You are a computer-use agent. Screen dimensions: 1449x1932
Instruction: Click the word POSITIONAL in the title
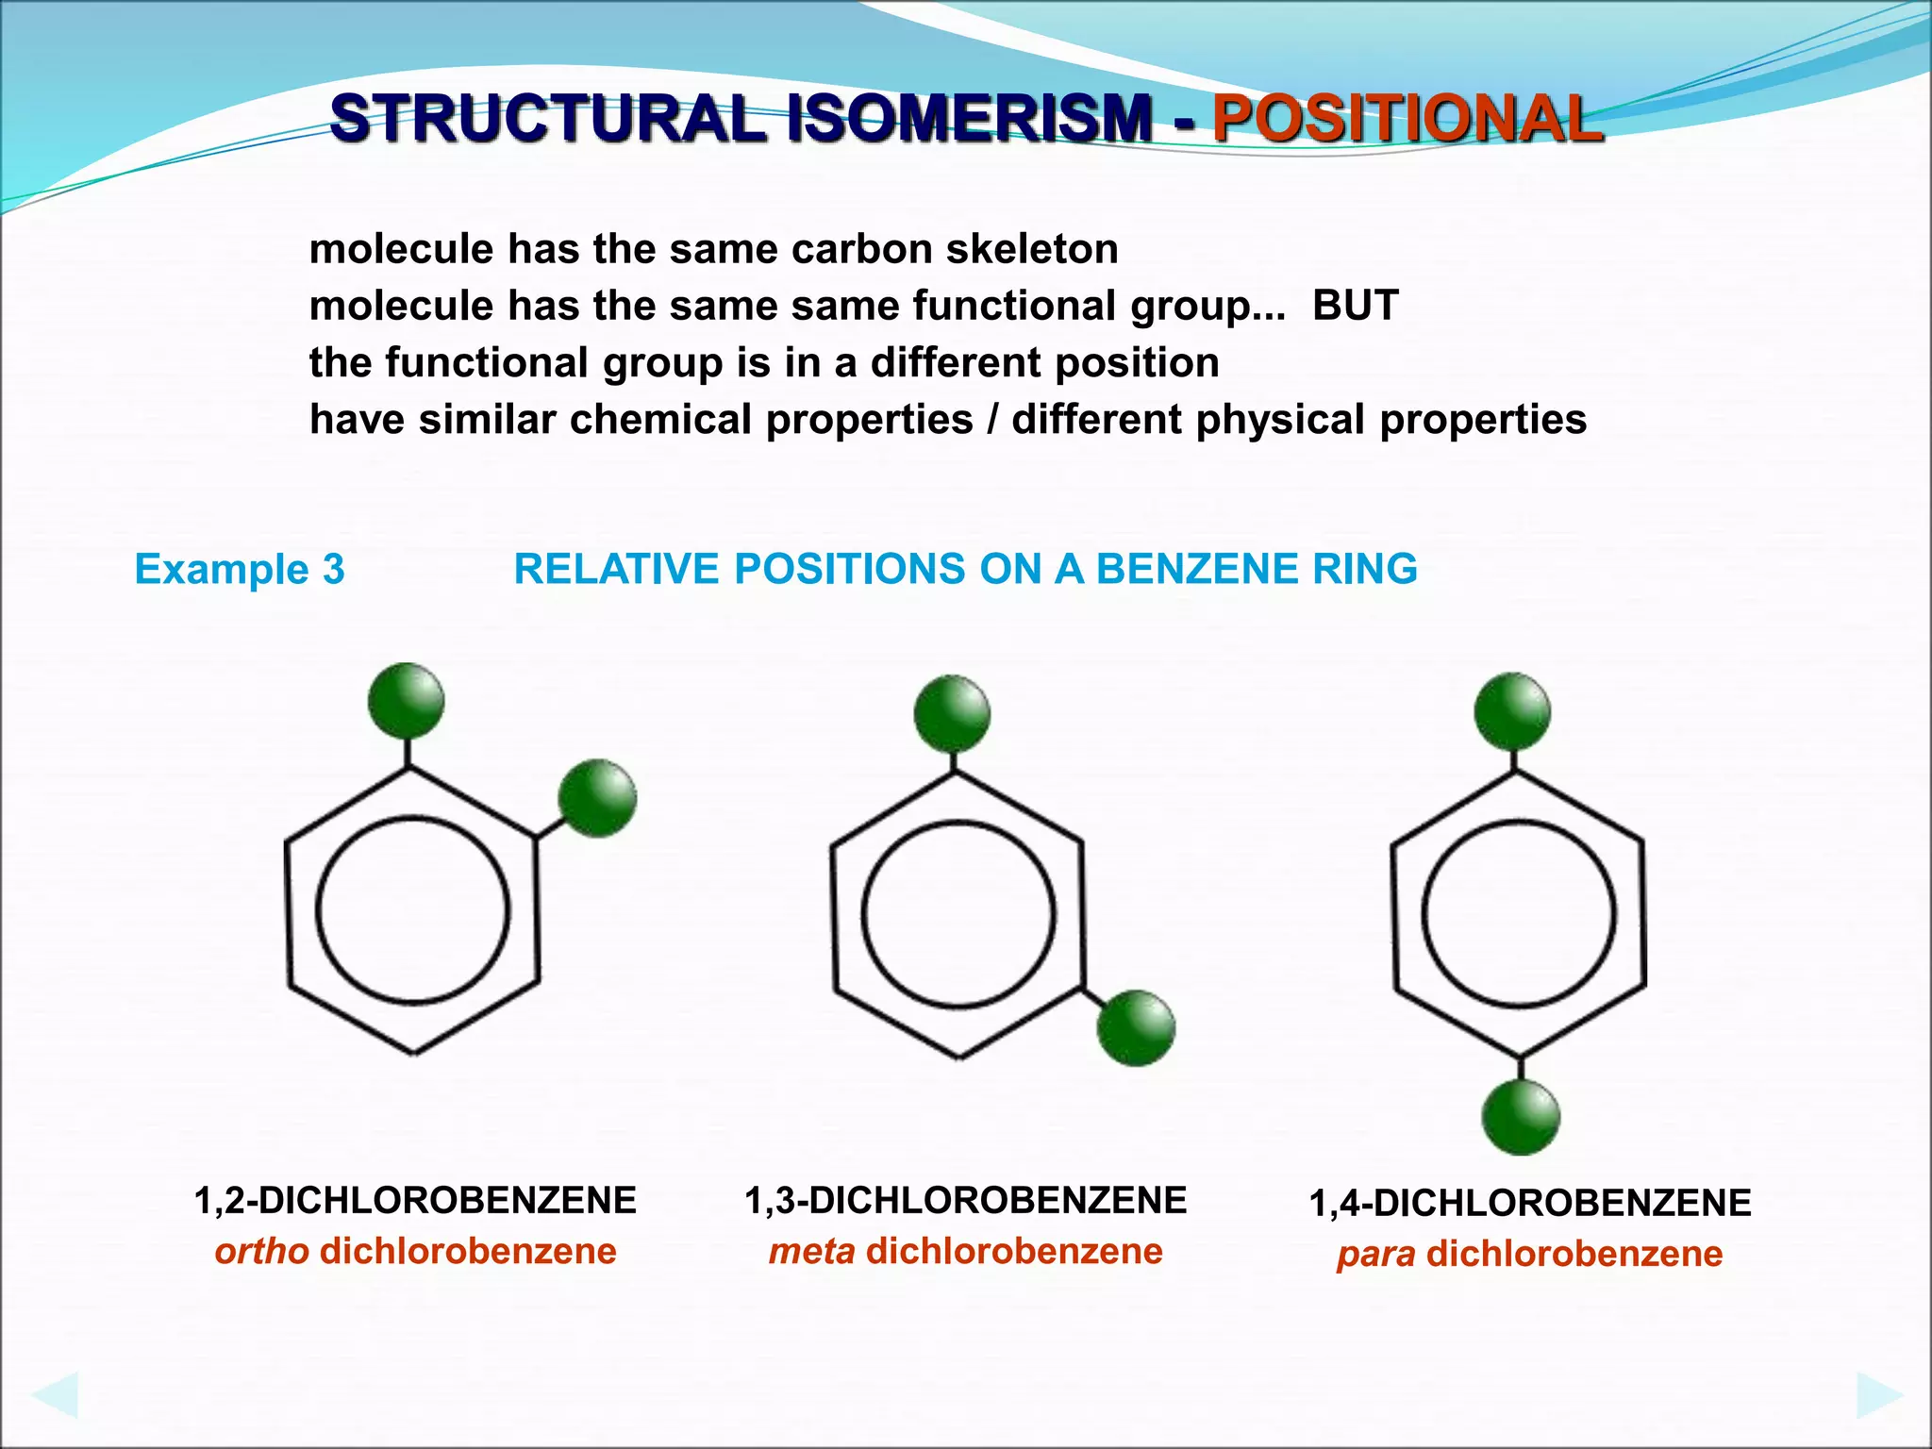coord(1407,120)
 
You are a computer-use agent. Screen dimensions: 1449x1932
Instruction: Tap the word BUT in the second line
coord(1355,306)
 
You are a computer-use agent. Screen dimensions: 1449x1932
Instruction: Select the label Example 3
coord(240,569)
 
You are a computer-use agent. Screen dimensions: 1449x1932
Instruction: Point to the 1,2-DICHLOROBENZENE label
coord(415,1201)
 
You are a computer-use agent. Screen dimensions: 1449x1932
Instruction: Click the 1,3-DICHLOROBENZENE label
coord(965,1201)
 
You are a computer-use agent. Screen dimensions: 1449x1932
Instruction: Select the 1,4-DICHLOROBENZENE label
coord(1529,1204)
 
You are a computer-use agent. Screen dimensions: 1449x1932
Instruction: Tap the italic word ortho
coord(261,1252)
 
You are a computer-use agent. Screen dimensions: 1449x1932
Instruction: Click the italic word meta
coord(811,1252)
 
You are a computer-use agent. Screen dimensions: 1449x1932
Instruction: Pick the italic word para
coord(1375,1255)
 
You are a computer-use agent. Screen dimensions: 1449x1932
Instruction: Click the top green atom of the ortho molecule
coord(406,701)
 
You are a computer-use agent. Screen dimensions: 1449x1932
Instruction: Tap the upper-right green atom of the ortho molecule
coord(597,798)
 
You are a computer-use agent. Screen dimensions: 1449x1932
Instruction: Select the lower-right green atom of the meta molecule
coord(1136,1028)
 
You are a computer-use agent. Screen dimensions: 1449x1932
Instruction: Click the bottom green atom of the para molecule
coord(1521,1118)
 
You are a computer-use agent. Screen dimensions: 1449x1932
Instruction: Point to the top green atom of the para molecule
coord(1512,711)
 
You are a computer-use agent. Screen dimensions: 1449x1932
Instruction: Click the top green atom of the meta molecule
coord(952,713)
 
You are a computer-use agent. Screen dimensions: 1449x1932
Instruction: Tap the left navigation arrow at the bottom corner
coord(54,1395)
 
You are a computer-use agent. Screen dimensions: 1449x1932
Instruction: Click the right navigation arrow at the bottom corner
coord(1879,1395)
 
